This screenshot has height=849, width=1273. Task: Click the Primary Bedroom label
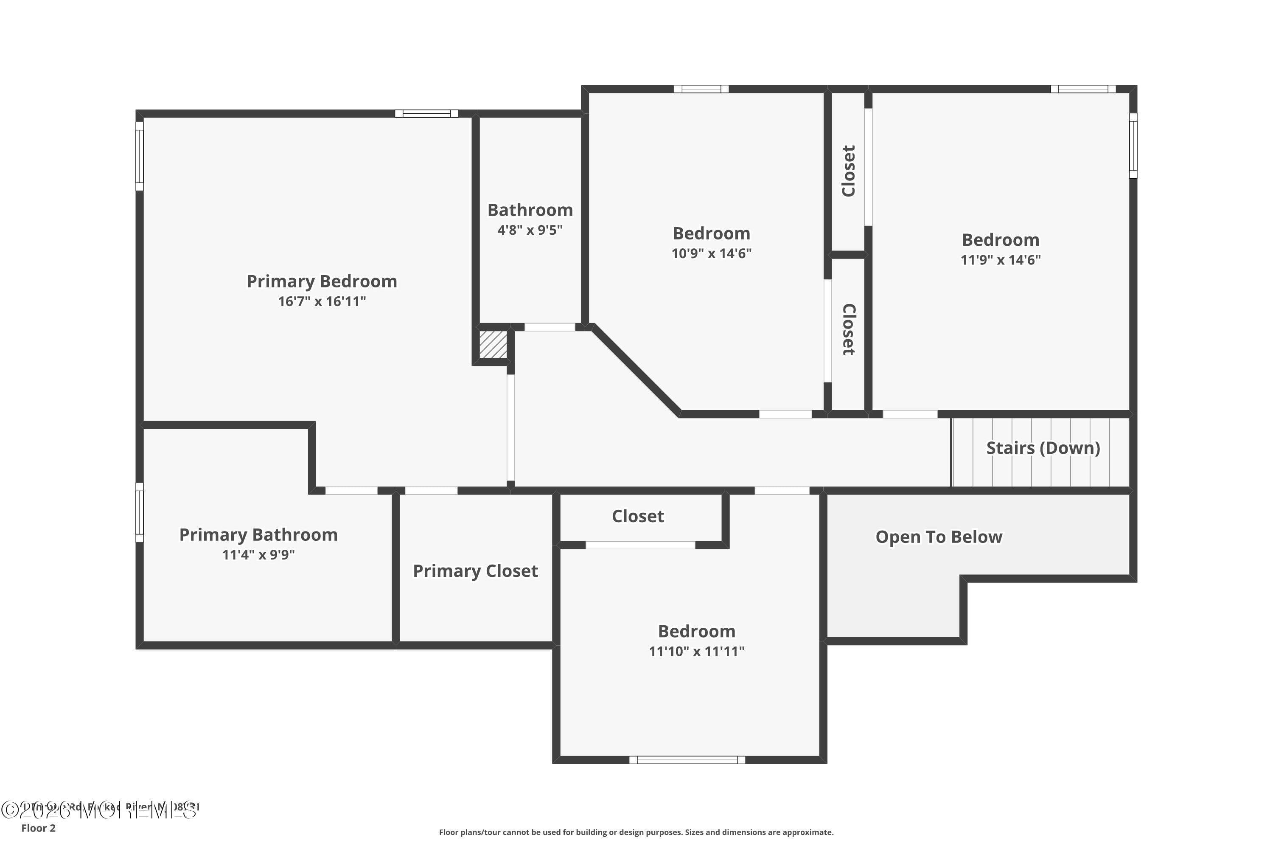(322, 281)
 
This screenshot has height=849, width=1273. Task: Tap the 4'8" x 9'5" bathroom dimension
(530, 230)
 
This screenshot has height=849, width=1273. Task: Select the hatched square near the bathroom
(493, 344)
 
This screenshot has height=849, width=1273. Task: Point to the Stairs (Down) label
(1043, 448)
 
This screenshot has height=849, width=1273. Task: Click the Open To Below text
(939, 537)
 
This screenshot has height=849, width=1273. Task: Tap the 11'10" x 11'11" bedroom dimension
(697, 651)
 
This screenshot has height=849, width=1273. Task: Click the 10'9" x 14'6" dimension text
(711, 253)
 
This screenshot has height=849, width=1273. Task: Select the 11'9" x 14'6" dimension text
(1000, 260)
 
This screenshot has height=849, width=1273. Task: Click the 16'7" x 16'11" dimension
(322, 301)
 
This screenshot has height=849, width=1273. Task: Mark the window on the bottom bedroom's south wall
(687, 760)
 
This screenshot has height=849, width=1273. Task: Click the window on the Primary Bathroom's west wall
(140, 512)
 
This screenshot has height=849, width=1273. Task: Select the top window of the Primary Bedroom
(426, 114)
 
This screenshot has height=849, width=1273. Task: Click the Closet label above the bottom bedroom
(638, 516)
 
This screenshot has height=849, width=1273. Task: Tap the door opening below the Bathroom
(550, 327)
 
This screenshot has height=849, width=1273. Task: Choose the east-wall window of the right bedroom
(1133, 145)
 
